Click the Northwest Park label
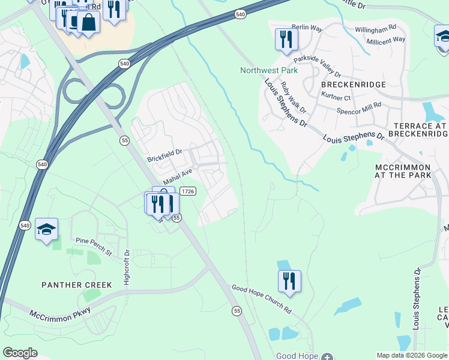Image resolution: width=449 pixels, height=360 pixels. pos(269,70)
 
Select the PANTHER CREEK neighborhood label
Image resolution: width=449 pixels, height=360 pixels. pos(76,285)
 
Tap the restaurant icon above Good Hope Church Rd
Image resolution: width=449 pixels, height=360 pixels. pos(290,281)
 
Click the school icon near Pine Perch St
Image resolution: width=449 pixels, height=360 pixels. pos(46,229)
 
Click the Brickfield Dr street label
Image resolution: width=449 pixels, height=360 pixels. pos(164,156)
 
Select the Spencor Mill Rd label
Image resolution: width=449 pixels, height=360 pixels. pos(359,108)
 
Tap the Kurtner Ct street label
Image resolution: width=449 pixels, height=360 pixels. pos(336,97)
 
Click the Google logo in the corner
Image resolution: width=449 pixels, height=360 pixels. pos(20,353)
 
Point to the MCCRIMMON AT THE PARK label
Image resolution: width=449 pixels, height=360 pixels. pos(403,170)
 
